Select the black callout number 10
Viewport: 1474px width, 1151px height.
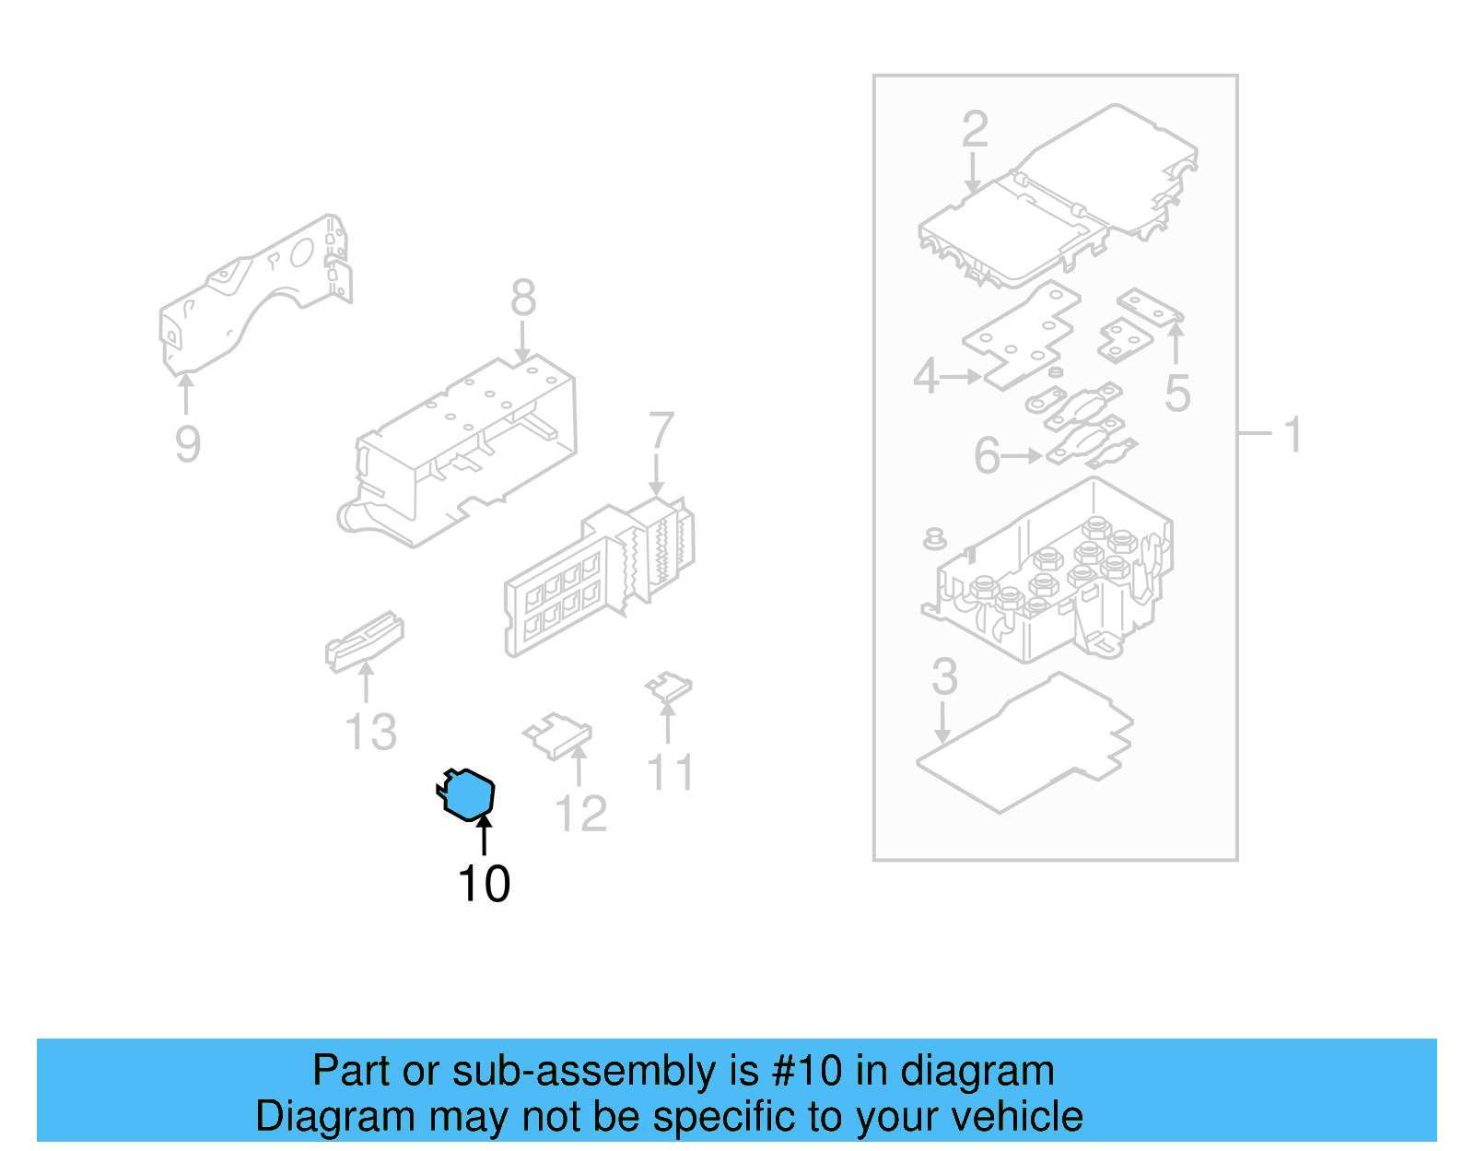(484, 884)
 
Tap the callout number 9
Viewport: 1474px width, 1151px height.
(187, 444)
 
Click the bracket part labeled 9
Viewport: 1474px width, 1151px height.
(253, 290)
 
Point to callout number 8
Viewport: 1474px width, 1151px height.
(522, 299)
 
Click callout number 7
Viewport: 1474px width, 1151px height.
(661, 431)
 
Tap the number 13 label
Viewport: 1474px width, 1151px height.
(370, 733)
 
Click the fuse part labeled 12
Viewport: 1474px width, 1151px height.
(558, 735)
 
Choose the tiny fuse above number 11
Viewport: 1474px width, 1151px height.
(668, 687)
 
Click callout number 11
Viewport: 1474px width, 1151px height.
(670, 773)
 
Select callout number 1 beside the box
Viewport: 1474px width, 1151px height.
(1293, 434)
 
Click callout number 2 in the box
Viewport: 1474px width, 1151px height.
(975, 130)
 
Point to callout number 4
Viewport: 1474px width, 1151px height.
(925, 377)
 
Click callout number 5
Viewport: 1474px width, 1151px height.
(1177, 393)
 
